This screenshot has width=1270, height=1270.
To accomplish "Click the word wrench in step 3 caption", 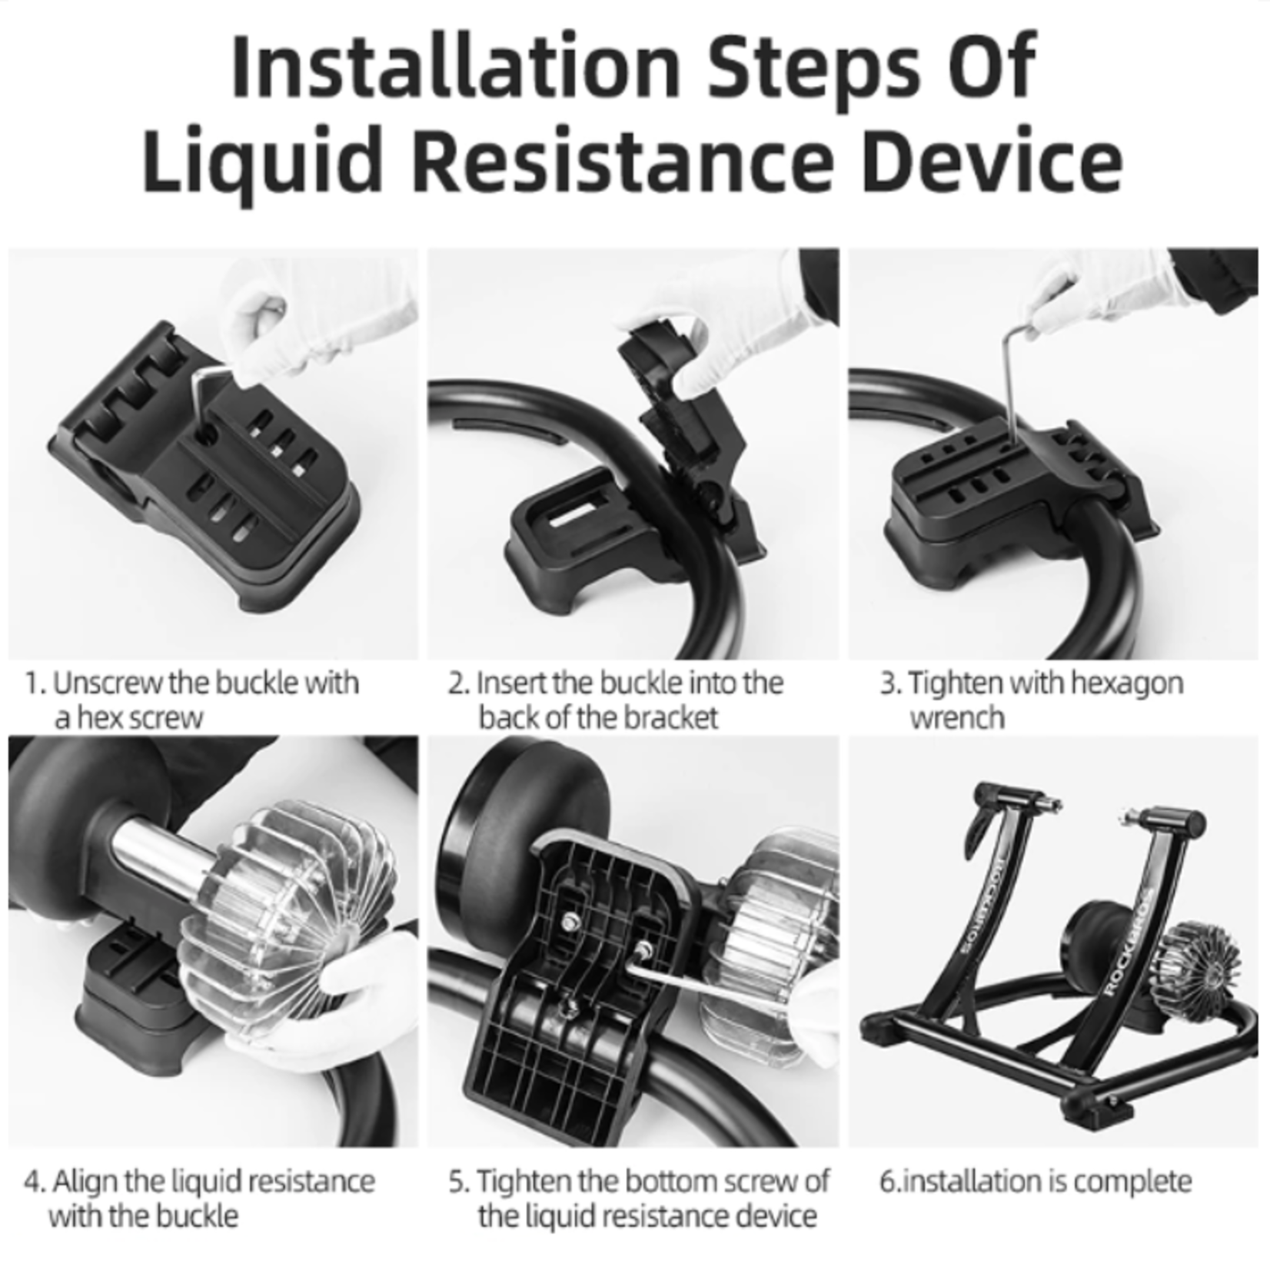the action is pos(957,717).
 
